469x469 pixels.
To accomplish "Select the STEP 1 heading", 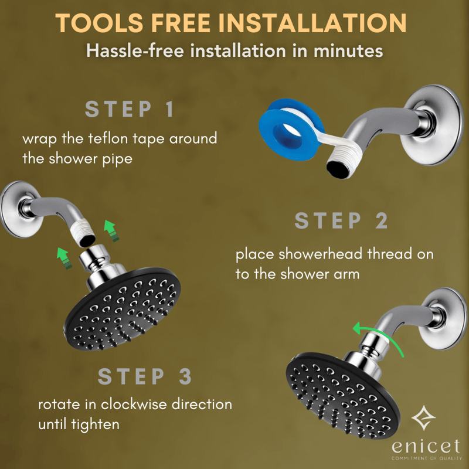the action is (130, 109).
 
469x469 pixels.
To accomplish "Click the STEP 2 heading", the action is (341, 221).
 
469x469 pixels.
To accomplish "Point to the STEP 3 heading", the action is (145, 376).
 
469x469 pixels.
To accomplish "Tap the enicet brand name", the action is (426, 447).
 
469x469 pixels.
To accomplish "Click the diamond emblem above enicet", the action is (423, 418).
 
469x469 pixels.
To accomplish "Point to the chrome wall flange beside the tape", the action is (432, 125).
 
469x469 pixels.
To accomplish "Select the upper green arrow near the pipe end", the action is (111, 230).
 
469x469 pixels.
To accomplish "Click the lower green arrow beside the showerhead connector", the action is (64, 258).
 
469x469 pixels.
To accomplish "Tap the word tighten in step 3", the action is (95, 424).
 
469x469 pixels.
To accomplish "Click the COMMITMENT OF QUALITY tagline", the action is (427, 458).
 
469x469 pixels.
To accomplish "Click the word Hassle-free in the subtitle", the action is (135, 51).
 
